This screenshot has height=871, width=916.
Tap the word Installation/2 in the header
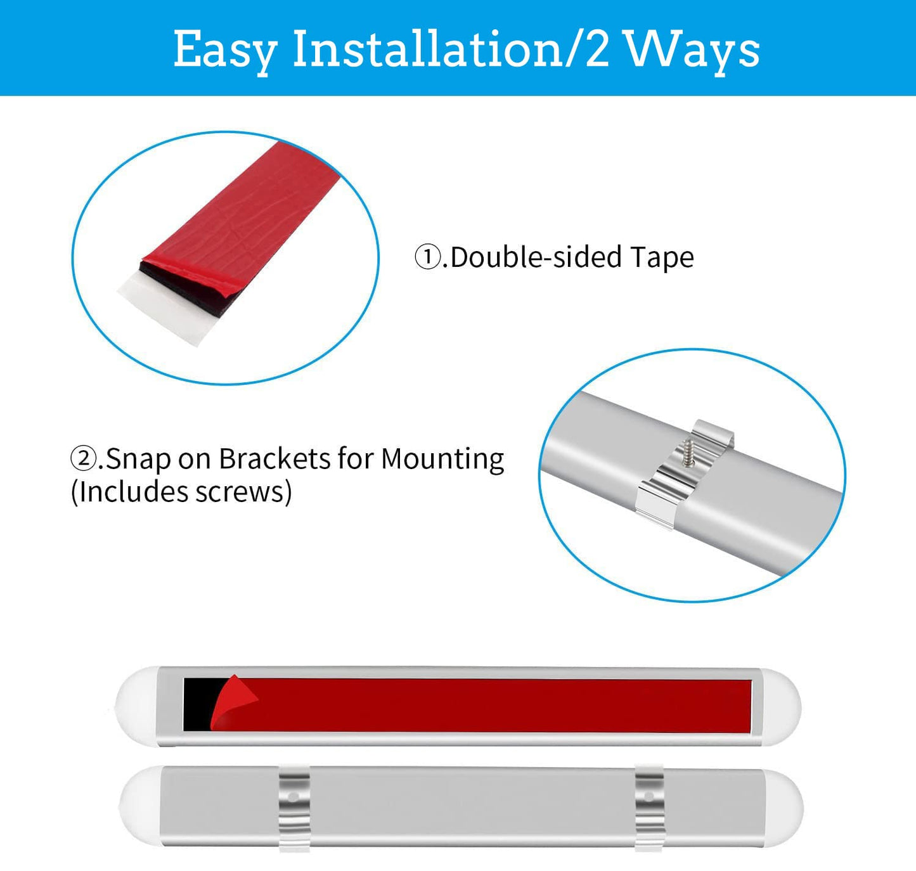451,48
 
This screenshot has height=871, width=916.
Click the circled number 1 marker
428,258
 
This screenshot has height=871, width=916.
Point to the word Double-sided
536,257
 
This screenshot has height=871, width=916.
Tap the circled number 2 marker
83,459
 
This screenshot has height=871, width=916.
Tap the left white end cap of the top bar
136,706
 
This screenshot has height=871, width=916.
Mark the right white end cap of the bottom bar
784,808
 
